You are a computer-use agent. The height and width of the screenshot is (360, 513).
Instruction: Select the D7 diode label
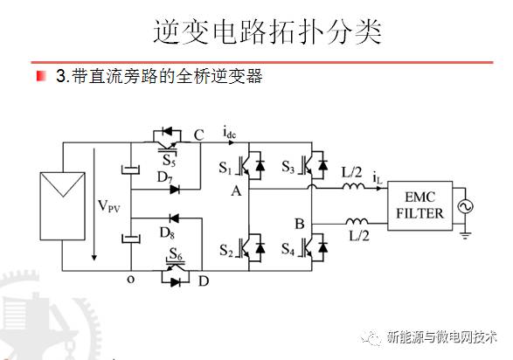pyautogui.click(x=164, y=179)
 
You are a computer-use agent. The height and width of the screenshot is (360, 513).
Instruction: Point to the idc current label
pyautogui.click(x=230, y=134)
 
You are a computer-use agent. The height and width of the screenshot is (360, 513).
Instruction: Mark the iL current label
pyautogui.click(x=378, y=178)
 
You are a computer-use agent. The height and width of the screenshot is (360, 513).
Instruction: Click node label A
pyautogui.click(x=235, y=190)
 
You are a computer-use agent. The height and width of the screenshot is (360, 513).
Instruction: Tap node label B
pyautogui.click(x=299, y=225)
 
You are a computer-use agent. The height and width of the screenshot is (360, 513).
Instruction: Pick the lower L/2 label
pyautogui.click(x=359, y=237)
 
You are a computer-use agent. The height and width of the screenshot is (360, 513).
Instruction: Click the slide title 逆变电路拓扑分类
pyautogui.click(x=262, y=32)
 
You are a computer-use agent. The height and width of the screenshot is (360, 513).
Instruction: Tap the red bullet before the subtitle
pyautogui.click(x=41, y=77)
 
